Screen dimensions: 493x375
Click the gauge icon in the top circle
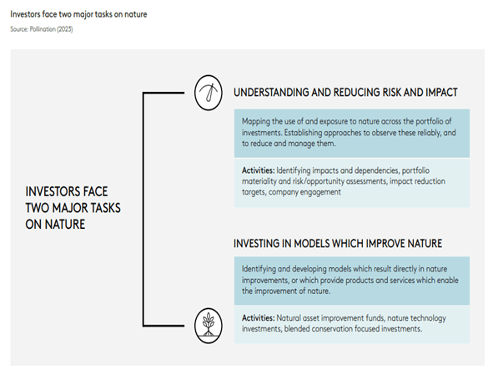coord(209,93)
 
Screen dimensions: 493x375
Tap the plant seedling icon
coord(209,325)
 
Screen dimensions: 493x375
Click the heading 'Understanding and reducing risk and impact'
coord(345,92)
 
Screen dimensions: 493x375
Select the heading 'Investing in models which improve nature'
coord(338,243)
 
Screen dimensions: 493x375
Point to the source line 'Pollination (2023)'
coord(51,29)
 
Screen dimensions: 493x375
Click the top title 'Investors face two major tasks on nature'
coord(78,14)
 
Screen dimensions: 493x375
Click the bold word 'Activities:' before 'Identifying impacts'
coord(258,170)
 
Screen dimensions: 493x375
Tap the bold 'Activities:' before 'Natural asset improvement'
coord(258,317)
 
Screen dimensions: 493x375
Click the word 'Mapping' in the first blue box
coord(255,122)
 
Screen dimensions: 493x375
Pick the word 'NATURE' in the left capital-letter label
coord(65,224)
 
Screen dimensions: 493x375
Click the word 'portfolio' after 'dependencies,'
coord(415,170)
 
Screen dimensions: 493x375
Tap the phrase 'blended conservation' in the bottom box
coord(319,329)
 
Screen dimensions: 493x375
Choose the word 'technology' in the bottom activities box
coord(430,318)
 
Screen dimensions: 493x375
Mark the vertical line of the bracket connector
coord(143,209)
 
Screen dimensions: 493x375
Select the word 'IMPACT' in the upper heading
coord(441,92)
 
